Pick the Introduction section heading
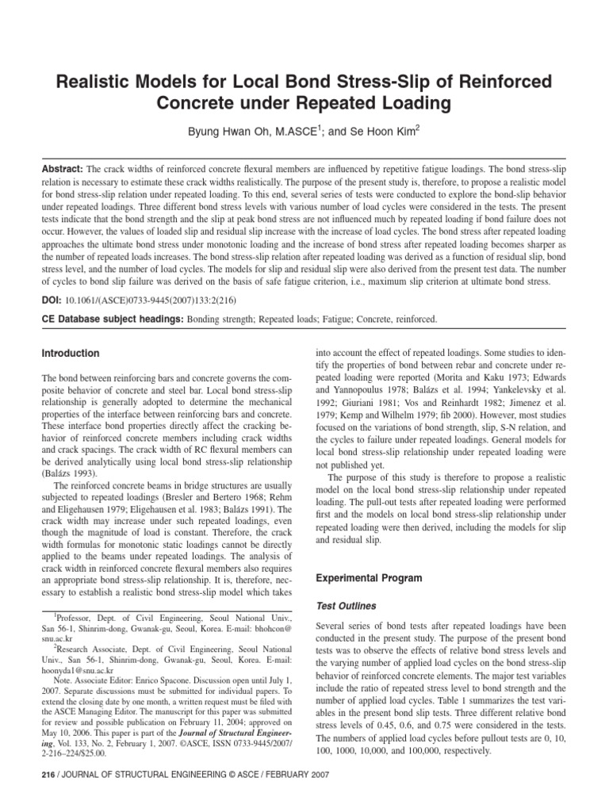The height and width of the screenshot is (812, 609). [x=71, y=353]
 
